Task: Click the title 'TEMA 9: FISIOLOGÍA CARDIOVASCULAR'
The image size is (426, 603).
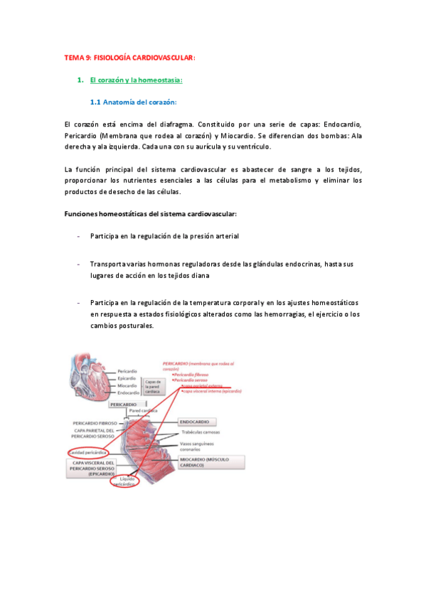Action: (129, 58)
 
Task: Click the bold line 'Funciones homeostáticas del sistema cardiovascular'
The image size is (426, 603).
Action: (151, 213)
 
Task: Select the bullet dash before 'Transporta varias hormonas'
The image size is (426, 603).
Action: (78, 264)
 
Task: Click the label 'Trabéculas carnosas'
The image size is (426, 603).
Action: (220, 432)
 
